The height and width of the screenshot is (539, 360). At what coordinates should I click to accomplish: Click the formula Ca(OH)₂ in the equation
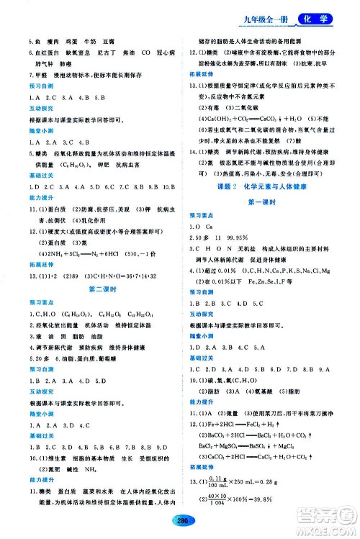pos(215,115)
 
